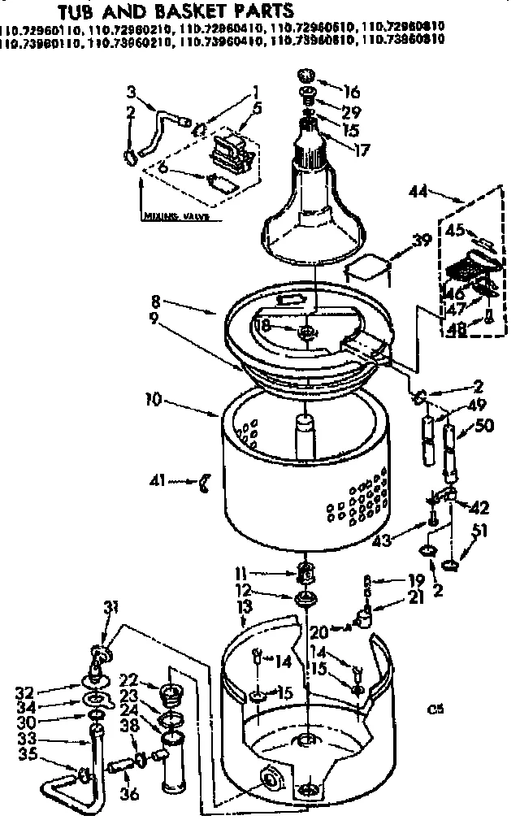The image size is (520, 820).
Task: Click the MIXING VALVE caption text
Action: tap(175, 217)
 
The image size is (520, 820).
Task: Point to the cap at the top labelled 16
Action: tap(308, 76)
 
